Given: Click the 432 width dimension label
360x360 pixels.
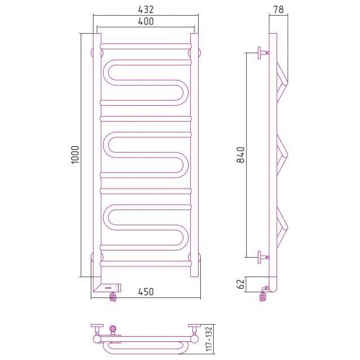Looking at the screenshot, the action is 145,9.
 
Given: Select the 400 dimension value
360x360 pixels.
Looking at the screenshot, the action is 145,22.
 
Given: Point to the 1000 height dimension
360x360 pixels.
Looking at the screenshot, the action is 75,155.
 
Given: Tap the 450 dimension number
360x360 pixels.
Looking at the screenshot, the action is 145,292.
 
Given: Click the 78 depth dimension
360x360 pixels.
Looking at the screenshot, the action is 279,9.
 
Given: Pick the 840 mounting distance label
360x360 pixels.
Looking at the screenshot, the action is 240,155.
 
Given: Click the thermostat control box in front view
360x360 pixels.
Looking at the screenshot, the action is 111,287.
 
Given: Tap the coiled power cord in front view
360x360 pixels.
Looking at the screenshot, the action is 113,297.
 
